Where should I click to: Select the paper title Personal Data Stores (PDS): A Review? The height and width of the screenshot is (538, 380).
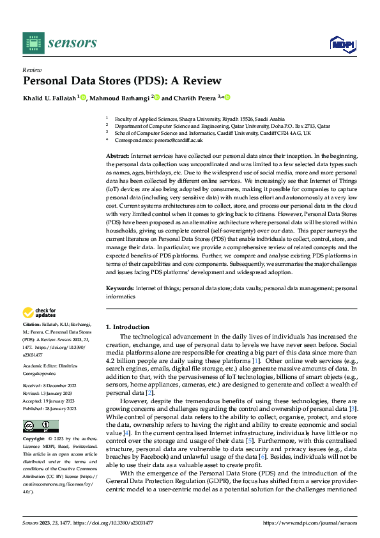coord(122,81)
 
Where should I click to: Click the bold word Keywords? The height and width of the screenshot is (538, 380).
coord(120,289)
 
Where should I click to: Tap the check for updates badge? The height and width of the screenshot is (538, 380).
coord(39,313)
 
